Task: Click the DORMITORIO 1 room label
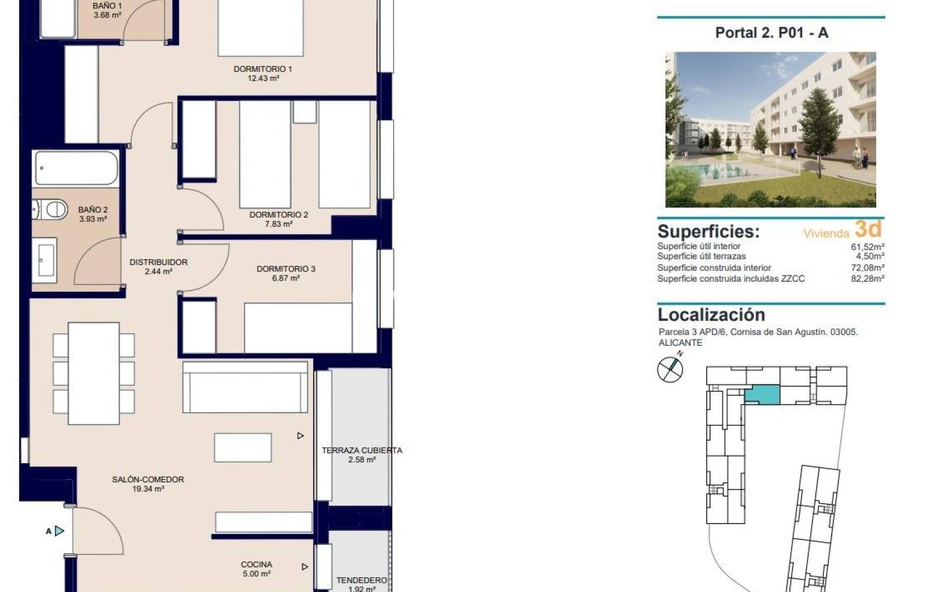(263, 69)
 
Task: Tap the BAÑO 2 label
(93, 209)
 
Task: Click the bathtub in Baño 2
(76, 168)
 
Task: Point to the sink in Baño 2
(45, 260)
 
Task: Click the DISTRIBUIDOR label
(158, 262)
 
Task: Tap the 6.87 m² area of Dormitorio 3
(286, 278)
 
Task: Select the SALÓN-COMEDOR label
(148, 479)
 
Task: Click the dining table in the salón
(94, 373)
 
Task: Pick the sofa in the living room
(245, 387)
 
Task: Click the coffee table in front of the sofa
(243, 447)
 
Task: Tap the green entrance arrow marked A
(59, 531)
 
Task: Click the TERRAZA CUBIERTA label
(362, 450)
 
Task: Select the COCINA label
(256, 564)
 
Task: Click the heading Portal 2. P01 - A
(771, 33)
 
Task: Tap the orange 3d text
(868, 229)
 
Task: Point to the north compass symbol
(670, 368)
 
